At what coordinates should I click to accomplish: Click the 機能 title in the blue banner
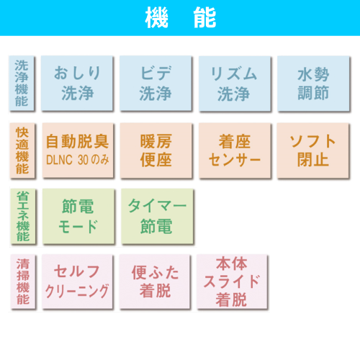(x=181, y=17)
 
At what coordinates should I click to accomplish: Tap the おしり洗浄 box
(x=77, y=84)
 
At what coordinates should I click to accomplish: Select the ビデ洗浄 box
(x=156, y=84)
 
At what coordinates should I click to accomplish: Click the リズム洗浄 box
(x=235, y=84)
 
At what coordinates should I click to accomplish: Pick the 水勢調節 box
(x=313, y=84)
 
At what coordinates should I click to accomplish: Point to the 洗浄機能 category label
(x=22, y=83)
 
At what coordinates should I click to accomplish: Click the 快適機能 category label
(x=22, y=150)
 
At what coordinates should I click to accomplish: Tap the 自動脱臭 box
(x=78, y=150)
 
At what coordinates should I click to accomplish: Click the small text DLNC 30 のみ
(x=78, y=160)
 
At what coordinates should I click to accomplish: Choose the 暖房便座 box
(x=156, y=150)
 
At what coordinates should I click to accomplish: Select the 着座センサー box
(x=235, y=150)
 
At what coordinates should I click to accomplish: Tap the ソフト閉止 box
(x=312, y=150)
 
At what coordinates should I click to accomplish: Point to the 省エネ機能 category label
(x=23, y=216)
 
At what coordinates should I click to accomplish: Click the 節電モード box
(x=78, y=216)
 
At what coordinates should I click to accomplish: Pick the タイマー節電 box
(x=157, y=216)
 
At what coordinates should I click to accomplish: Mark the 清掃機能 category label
(x=23, y=282)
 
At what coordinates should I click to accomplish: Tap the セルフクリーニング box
(x=77, y=282)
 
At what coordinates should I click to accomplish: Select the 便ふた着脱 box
(x=155, y=282)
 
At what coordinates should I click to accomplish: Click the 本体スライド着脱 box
(x=232, y=282)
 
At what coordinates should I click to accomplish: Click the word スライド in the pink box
(x=232, y=282)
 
